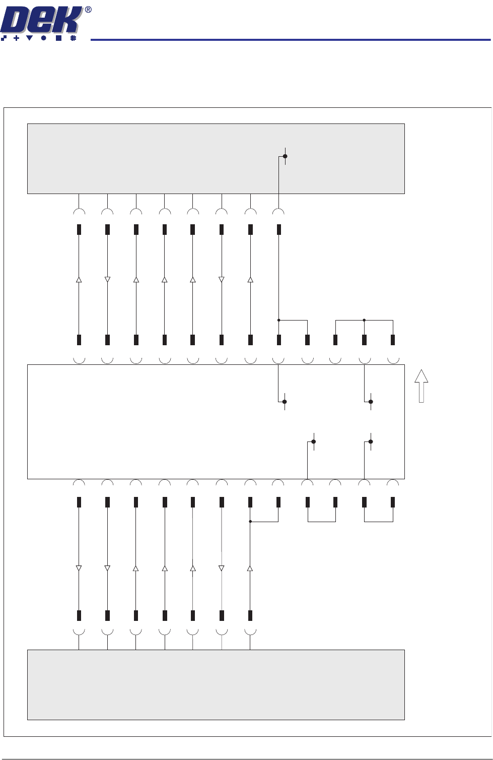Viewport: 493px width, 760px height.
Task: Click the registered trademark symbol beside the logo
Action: point(88,10)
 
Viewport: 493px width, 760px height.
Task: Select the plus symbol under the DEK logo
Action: point(17,38)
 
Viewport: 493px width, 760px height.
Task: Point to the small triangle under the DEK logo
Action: point(29,38)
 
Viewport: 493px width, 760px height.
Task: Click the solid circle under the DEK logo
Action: point(44,38)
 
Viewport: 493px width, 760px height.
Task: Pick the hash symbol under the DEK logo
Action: point(73,38)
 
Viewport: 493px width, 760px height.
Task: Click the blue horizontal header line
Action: point(290,39)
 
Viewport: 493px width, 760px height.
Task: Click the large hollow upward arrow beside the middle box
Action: point(421,386)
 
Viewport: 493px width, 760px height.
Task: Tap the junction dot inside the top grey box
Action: point(285,156)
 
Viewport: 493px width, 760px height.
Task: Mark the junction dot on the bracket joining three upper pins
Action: point(364,320)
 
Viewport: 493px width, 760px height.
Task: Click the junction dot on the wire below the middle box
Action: point(250,522)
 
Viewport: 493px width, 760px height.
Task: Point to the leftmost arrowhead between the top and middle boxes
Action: point(79,279)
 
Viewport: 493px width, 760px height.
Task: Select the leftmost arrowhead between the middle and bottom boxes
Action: point(79,568)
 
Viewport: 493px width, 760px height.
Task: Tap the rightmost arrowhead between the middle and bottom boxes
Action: point(250,568)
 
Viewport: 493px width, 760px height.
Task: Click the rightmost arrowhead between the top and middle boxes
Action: point(250,279)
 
